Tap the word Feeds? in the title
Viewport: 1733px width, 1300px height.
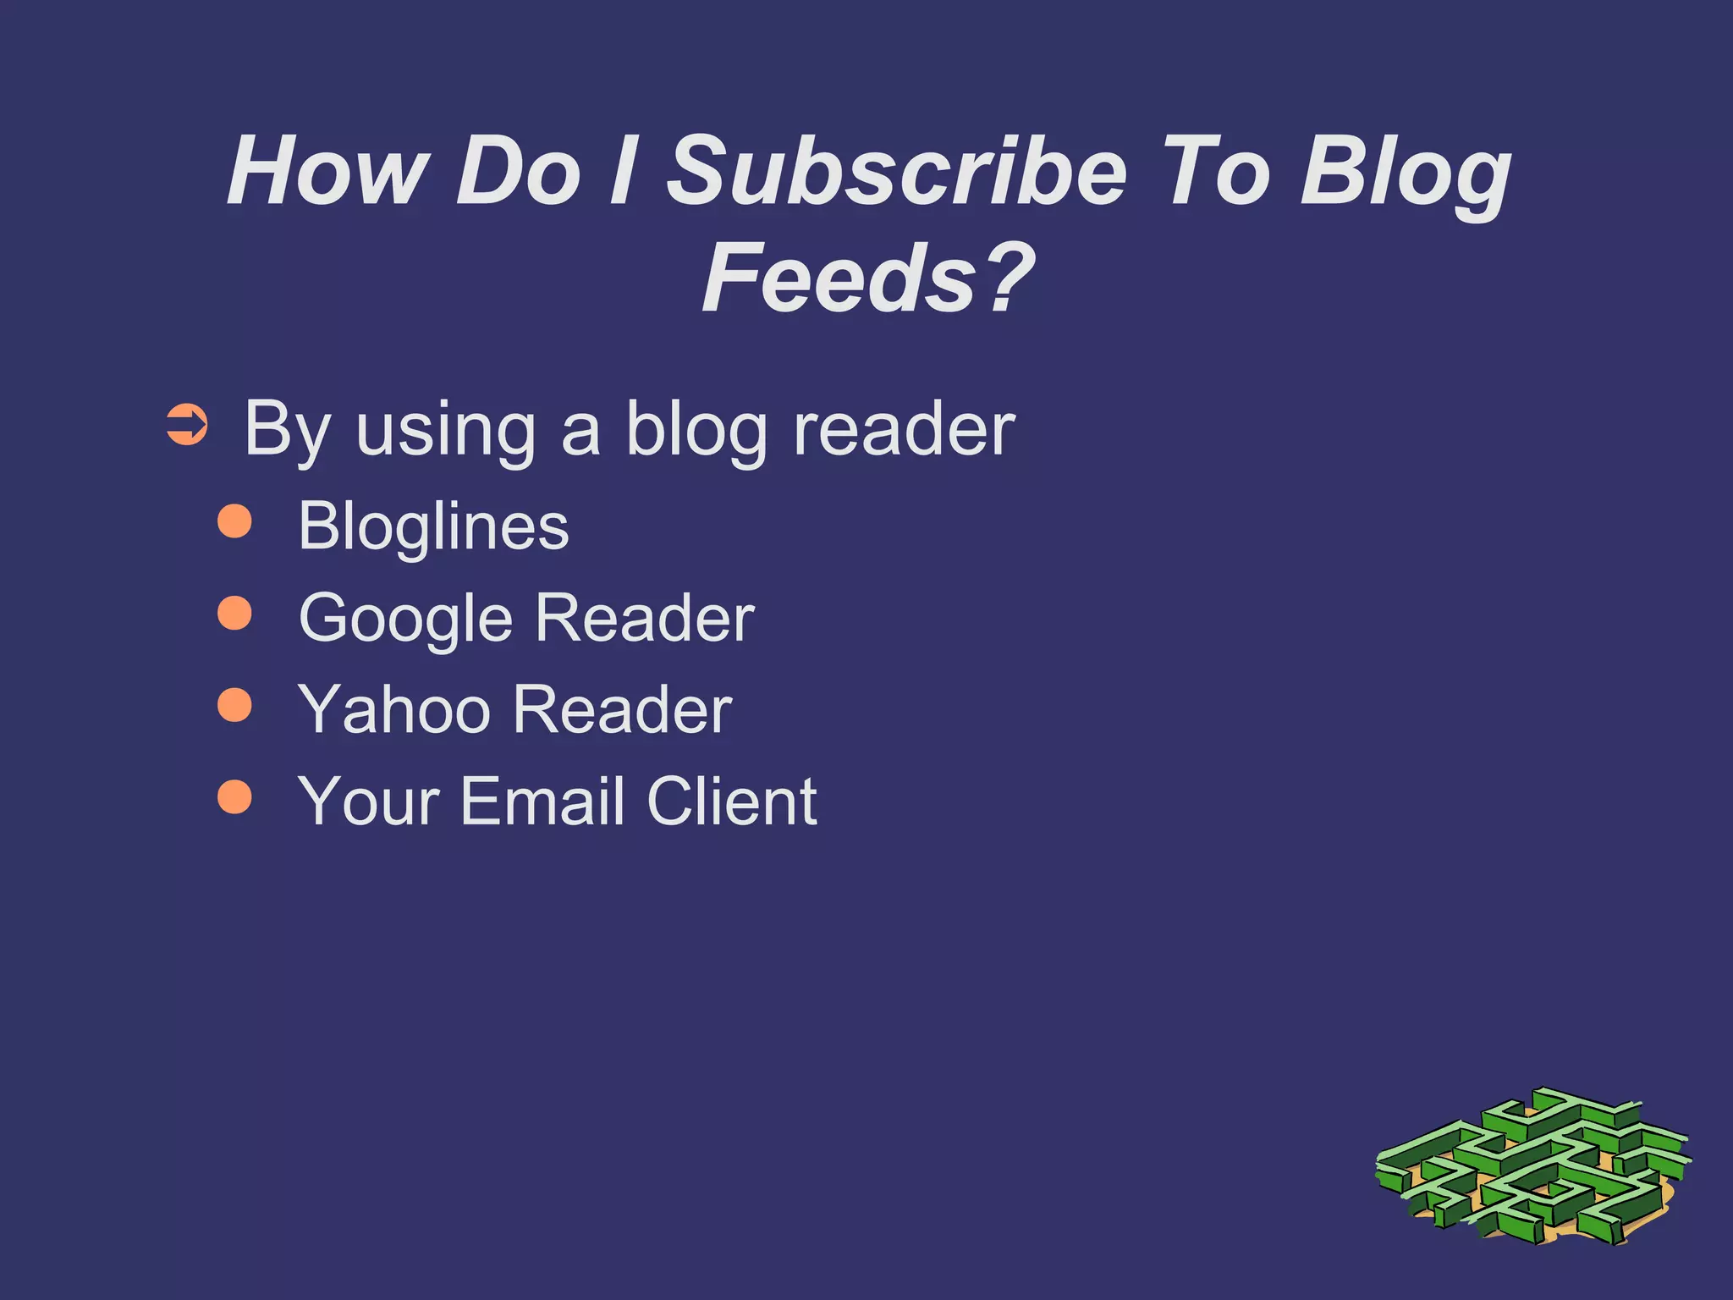point(868,278)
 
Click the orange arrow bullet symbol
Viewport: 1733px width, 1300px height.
point(187,425)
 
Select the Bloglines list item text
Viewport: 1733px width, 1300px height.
point(433,526)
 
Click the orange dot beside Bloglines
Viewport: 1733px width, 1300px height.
point(234,521)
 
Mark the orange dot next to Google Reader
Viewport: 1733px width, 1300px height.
point(234,613)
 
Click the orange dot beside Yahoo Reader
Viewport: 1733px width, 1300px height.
point(234,704)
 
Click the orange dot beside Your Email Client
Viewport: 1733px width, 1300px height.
point(234,796)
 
